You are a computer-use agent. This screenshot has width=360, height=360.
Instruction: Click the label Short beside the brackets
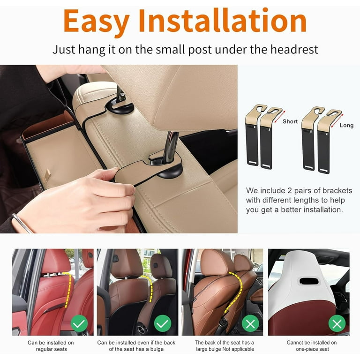tap(290, 121)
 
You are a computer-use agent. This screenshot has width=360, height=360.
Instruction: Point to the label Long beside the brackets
tap(346, 126)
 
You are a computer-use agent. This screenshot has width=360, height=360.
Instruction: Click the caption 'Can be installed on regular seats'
tap(51, 345)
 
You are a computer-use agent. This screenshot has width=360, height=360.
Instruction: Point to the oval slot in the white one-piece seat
tap(308, 281)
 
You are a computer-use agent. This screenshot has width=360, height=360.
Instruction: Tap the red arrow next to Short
tap(276, 114)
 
